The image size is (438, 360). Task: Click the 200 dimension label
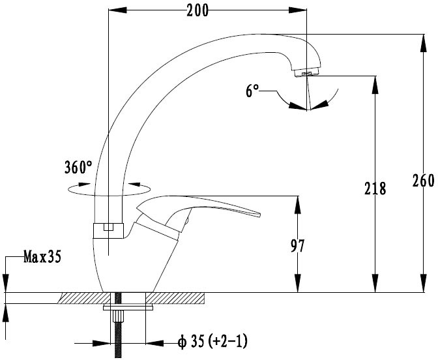pos(197,11)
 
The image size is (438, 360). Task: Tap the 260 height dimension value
pos(424,181)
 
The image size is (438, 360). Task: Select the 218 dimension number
pos(375,188)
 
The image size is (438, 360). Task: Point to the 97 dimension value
pos(297,246)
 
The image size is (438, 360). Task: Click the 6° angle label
pos(252,91)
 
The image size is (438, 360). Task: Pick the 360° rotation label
pos(78,167)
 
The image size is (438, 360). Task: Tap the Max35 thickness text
pos(42,256)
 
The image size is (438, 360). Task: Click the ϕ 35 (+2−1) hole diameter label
pos(212,342)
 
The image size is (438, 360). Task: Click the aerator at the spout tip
pos(307,73)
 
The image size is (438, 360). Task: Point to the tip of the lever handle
pos(259,215)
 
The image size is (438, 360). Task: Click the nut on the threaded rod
pos(119,316)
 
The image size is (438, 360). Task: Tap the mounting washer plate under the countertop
pos(128,307)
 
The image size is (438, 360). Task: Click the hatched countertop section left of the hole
pos(84,298)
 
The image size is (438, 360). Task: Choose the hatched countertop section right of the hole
pos(175,298)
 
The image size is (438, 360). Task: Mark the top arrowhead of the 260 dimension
pos(424,43)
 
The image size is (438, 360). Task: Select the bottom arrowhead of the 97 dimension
pos(298,284)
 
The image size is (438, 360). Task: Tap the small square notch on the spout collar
pos(108,227)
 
